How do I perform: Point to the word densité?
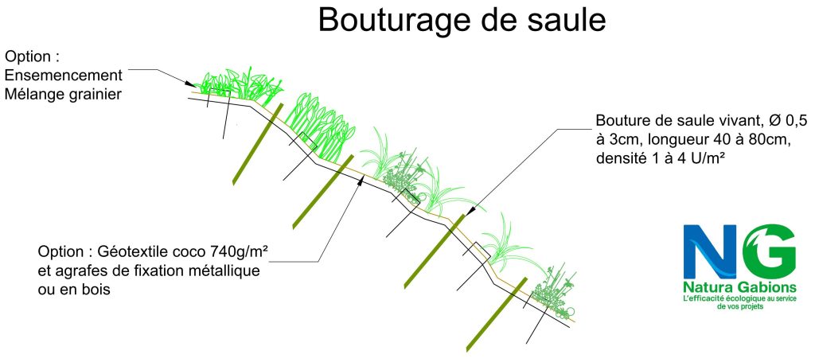pos(622,159)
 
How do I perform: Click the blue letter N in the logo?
pos(711,250)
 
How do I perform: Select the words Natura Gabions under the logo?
pos(739,286)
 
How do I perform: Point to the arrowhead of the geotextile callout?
pos(361,179)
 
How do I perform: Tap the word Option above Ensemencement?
pos(33,57)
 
